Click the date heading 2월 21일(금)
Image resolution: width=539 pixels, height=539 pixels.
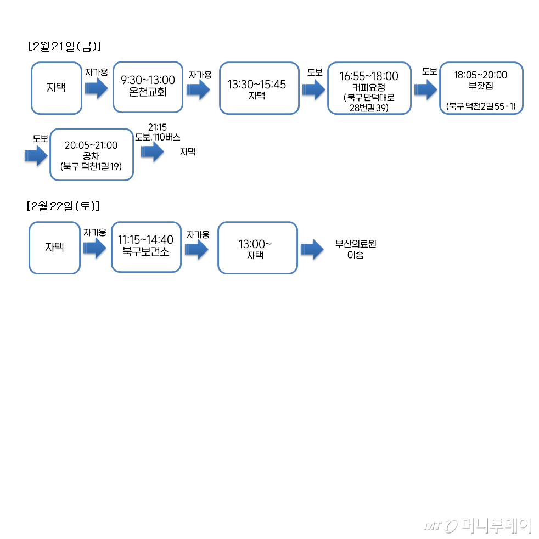click(x=65, y=47)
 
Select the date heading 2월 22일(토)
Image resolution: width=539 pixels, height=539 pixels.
click(x=63, y=206)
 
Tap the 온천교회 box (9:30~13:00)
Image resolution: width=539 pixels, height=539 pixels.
click(x=147, y=87)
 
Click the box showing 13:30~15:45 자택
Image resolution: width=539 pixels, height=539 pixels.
click(x=259, y=88)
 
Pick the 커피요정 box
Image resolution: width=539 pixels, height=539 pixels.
click(x=369, y=88)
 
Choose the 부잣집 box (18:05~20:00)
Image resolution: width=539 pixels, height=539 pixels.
click(x=481, y=88)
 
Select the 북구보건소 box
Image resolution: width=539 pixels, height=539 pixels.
click(x=146, y=246)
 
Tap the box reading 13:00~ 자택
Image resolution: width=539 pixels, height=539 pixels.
click(x=257, y=248)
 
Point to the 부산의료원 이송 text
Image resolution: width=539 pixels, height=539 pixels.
click(x=355, y=250)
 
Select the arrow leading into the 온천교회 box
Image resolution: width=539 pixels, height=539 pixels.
click(x=97, y=88)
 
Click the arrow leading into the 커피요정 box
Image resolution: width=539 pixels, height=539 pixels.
click(x=313, y=89)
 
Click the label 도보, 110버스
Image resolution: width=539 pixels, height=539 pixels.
click(x=158, y=137)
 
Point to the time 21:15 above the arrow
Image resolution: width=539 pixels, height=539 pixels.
click(x=158, y=127)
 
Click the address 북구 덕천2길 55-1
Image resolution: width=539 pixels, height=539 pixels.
click(x=481, y=106)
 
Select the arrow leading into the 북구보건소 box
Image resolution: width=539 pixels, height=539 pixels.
click(x=94, y=248)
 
